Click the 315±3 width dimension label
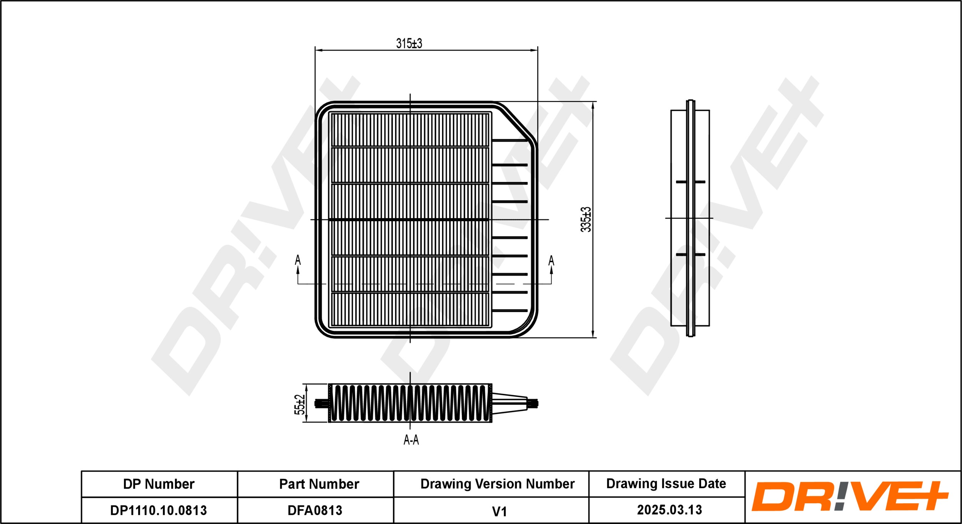[409, 43]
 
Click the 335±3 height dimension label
[586, 219]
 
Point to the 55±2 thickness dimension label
[299, 405]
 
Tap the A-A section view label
[411, 440]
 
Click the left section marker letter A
[297, 260]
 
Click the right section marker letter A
[551, 260]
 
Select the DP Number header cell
[159, 484]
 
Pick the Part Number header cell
[319, 484]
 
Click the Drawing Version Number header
[497, 484]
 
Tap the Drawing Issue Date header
[666, 484]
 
